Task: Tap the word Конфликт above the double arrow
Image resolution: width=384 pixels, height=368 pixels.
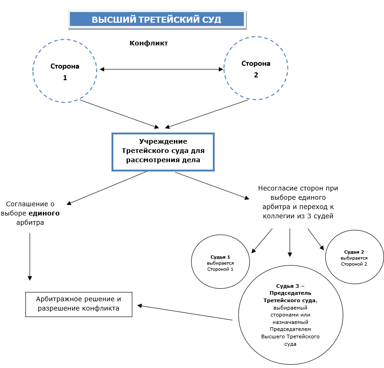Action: coord(149,43)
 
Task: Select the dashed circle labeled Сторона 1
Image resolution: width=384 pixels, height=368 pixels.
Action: coord(65,70)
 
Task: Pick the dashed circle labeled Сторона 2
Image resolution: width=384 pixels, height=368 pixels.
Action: coord(256,68)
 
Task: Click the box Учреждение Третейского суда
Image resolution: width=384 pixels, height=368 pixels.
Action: coord(163,152)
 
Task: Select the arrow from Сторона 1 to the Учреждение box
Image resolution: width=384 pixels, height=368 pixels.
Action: coord(119,113)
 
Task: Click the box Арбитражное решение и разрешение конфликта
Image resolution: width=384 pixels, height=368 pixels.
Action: coord(79,304)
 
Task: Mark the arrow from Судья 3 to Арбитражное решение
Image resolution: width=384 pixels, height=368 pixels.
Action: coord(185,312)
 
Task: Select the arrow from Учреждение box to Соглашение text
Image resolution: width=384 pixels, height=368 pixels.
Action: coord(107,188)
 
